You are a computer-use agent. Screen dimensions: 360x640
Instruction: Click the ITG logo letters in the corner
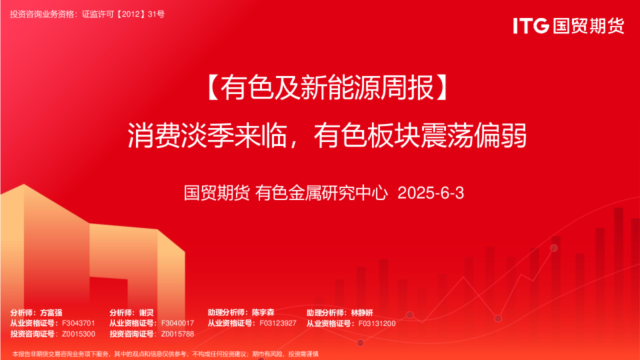(531, 25)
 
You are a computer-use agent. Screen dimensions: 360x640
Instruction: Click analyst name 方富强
(51, 313)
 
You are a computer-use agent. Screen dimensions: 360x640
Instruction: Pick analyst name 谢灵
(146, 313)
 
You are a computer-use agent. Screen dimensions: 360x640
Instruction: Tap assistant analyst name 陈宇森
(263, 313)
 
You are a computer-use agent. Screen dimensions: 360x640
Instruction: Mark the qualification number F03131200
(377, 323)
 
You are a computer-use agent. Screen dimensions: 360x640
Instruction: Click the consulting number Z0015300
(79, 334)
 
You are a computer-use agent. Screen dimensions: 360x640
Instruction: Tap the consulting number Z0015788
(178, 334)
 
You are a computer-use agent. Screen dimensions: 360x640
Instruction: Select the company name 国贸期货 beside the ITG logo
(589, 25)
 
